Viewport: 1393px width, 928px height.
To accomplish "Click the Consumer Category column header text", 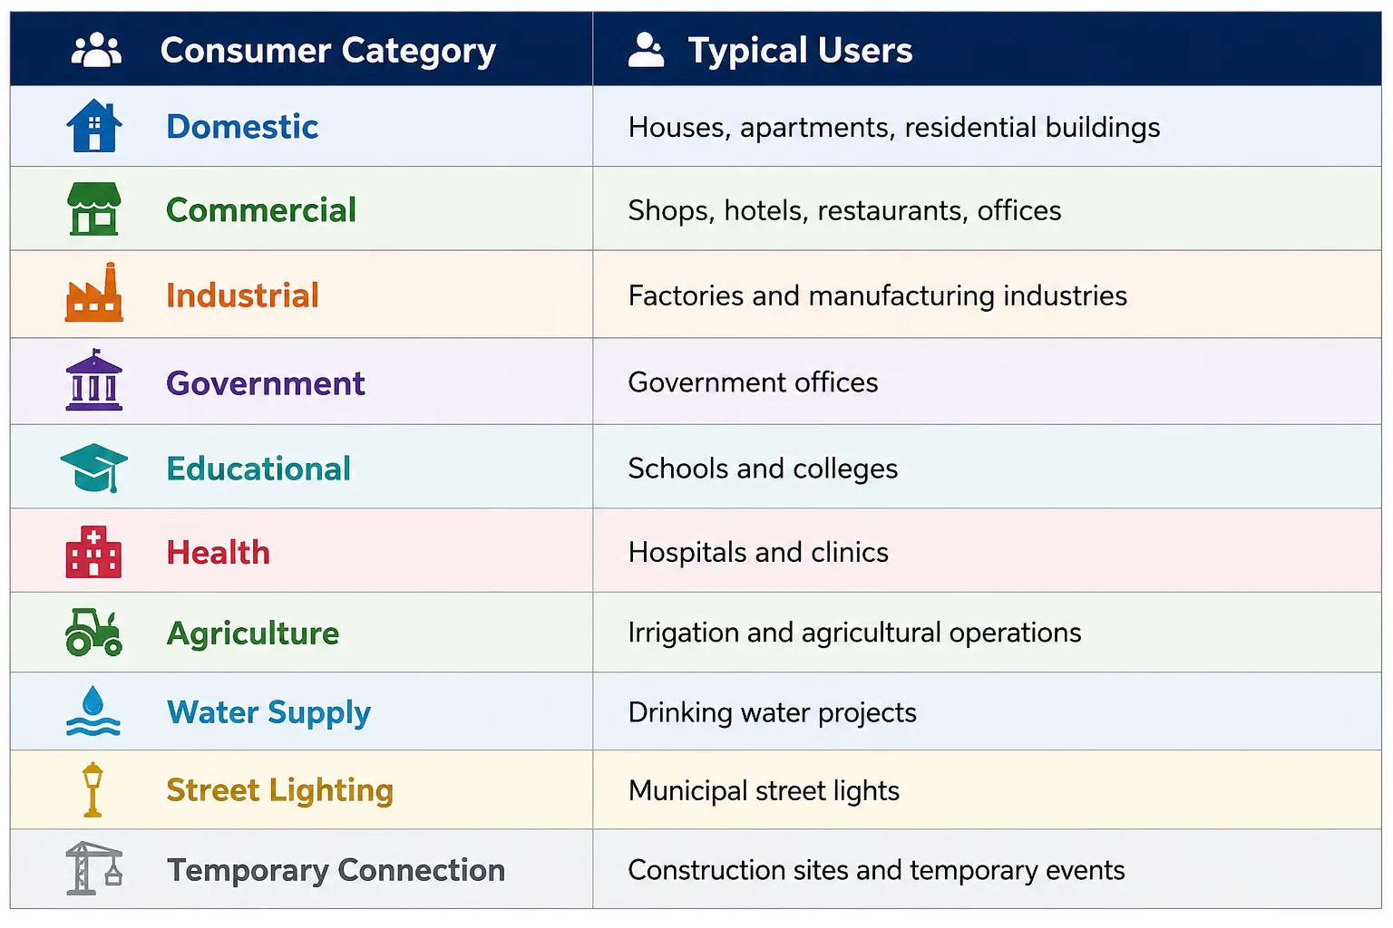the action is [327, 51].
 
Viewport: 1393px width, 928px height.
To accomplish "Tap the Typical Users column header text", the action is [800, 51].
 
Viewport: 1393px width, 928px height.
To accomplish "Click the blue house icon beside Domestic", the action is [94, 126].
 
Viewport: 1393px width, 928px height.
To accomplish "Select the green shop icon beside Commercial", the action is [94, 208].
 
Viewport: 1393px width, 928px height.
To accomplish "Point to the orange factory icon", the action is [94, 292].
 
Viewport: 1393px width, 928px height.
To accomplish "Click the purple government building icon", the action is [94, 381].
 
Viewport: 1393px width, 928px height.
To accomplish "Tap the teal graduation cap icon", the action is [94, 468].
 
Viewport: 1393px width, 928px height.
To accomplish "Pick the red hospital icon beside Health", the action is [94, 552].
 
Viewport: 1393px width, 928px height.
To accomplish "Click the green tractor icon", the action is [94, 633].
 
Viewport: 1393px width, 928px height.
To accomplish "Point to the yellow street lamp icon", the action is [93, 789].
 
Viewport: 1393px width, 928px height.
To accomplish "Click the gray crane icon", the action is [94, 868].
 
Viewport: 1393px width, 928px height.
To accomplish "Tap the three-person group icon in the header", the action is [96, 50].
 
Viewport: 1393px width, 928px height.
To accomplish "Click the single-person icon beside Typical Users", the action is [646, 50].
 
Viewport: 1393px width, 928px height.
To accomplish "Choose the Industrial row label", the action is [242, 295].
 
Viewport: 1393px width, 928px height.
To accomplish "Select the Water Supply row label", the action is [268, 713].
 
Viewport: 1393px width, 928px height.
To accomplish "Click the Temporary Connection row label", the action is [336, 870].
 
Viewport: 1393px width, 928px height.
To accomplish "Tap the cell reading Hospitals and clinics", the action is [758, 552].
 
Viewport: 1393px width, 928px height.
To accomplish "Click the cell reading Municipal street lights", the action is [764, 791].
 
